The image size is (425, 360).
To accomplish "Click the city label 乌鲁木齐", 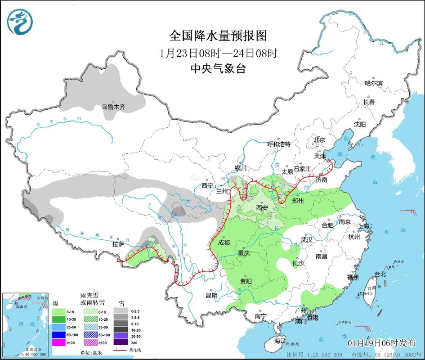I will point(113,107).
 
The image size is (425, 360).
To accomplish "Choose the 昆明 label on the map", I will point(211,296).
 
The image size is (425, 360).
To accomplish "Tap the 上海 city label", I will point(364,225).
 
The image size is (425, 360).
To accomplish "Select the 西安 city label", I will point(262,207).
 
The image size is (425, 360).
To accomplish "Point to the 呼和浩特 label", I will point(279,144).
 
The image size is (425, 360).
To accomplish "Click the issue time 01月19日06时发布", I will point(381,343).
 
